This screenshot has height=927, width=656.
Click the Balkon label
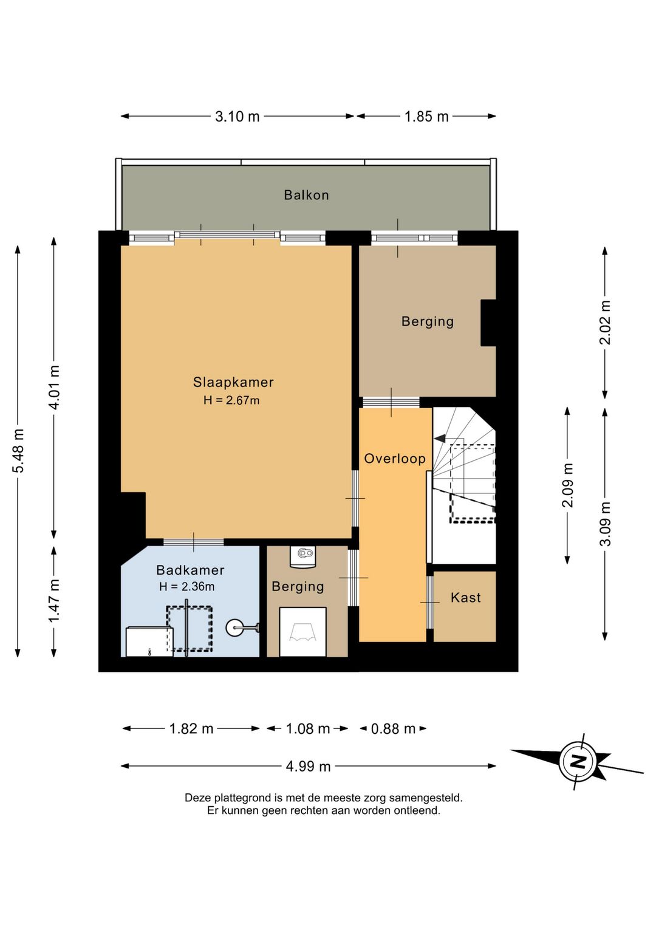pyautogui.click(x=306, y=195)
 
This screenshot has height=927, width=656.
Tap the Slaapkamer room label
pyautogui.click(x=233, y=382)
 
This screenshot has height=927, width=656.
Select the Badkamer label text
pyautogui.click(x=190, y=570)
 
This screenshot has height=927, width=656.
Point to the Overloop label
pyautogui.click(x=395, y=459)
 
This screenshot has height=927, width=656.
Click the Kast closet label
pyautogui.click(x=466, y=598)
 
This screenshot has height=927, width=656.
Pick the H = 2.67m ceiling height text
pyautogui.click(x=231, y=400)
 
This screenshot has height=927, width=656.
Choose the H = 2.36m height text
pyautogui.click(x=186, y=586)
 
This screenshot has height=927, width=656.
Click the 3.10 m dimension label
pyautogui.click(x=237, y=117)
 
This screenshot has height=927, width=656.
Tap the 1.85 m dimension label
pyautogui.click(x=426, y=117)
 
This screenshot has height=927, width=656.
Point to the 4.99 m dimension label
pyautogui.click(x=309, y=767)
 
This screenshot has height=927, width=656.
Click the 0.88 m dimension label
pyautogui.click(x=393, y=729)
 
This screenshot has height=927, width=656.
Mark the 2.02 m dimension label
pyautogui.click(x=605, y=323)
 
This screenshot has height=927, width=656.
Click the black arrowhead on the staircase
pyautogui.click(x=440, y=437)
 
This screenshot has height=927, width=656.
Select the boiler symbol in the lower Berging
pyautogui.click(x=302, y=556)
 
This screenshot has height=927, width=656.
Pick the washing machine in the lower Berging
pyautogui.click(x=302, y=632)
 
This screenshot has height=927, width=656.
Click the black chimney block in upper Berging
pyautogui.click(x=488, y=323)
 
